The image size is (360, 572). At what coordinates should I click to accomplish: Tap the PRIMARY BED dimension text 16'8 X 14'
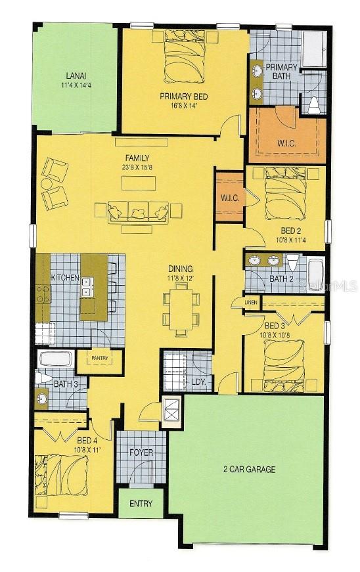[184, 106]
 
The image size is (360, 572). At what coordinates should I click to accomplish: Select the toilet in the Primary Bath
[313, 105]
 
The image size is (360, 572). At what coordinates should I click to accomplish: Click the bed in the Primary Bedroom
[184, 56]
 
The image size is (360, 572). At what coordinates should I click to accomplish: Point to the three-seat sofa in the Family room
[138, 212]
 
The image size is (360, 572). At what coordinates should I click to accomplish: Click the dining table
[181, 309]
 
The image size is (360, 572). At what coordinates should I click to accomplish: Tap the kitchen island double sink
[87, 287]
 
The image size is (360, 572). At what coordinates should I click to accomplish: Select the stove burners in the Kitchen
[43, 294]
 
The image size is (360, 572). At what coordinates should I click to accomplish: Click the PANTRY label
[100, 358]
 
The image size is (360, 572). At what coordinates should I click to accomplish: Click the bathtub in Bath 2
[315, 275]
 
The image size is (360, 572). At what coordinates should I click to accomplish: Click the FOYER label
[141, 452]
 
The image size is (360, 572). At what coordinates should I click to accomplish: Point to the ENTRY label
[141, 504]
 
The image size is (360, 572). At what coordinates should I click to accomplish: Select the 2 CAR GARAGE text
[249, 469]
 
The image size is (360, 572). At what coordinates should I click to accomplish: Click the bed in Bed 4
[61, 475]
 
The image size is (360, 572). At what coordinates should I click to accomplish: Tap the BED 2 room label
[290, 231]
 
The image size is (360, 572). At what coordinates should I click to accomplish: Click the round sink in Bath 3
[41, 397]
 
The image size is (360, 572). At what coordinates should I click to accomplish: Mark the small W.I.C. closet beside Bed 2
[230, 197]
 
